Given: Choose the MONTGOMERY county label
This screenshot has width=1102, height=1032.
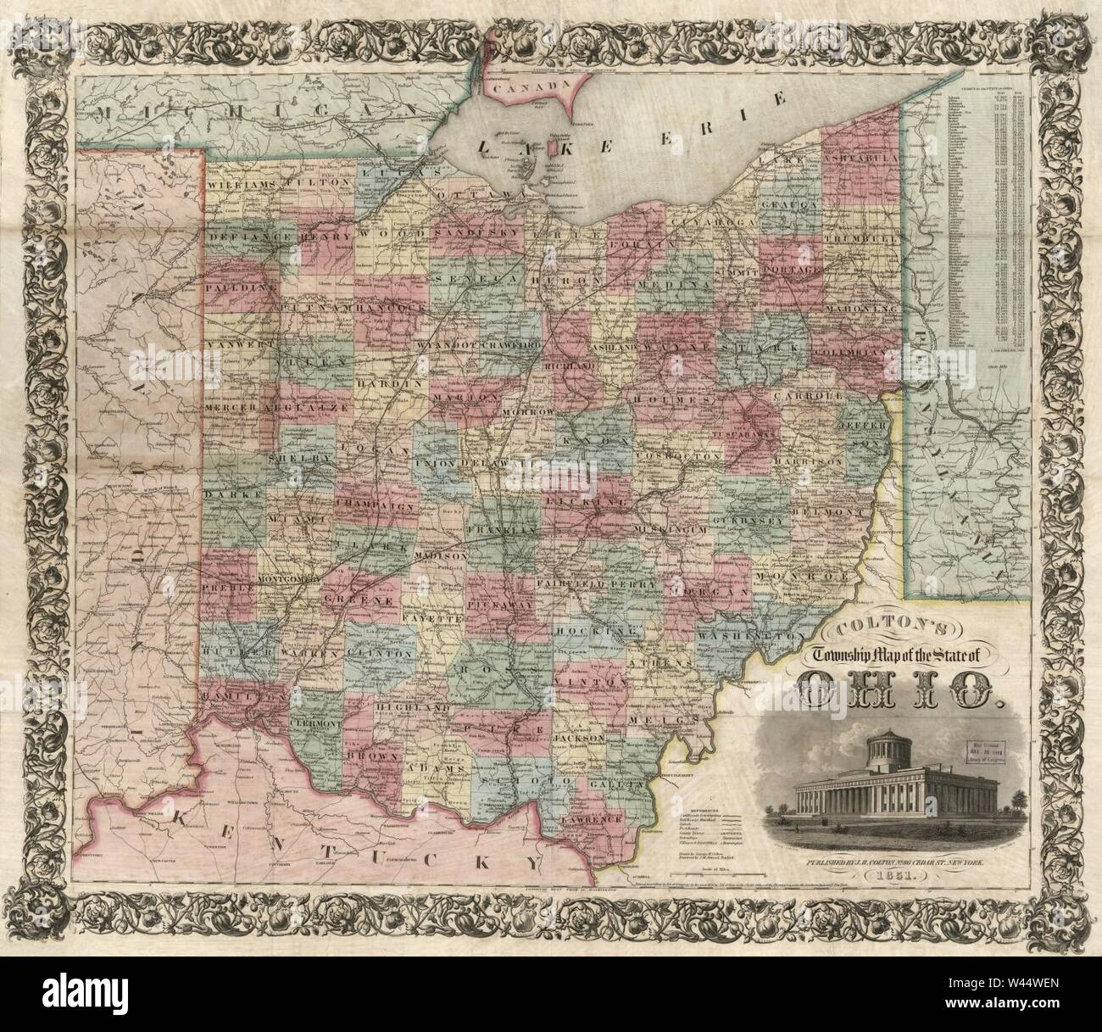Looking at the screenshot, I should point(287,579).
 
